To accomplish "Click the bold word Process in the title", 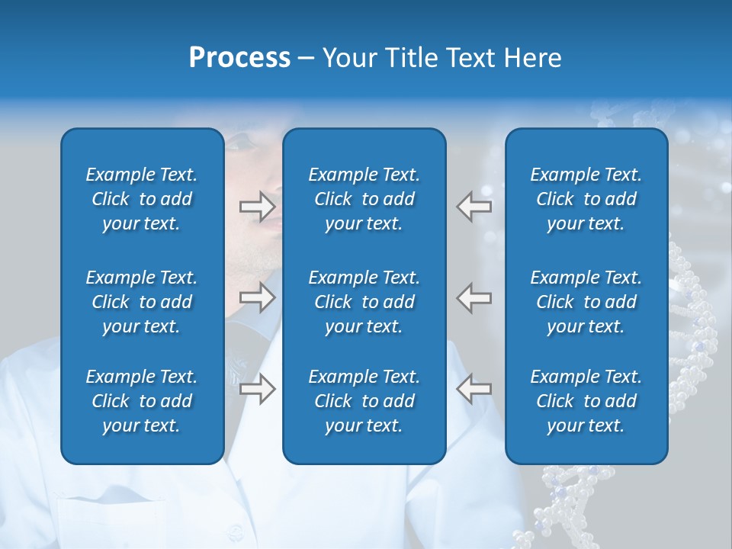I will pyautogui.click(x=239, y=58).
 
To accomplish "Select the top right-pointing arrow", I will pyautogui.click(x=257, y=205).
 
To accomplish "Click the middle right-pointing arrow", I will pyautogui.click(x=257, y=297).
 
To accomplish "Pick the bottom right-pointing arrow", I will pyautogui.click(x=257, y=389).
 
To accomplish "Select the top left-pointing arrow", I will pyautogui.click(x=474, y=205).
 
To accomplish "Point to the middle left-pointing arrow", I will pyautogui.click(x=474, y=297).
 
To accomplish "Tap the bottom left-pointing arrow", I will pyautogui.click(x=474, y=389).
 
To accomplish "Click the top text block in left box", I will pyautogui.click(x=142, y=199).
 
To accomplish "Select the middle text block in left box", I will pyautogui.click(x=142, y=302).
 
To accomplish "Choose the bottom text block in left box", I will pyautogui.click(x=142, y=401).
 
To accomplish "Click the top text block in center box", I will pyautogui.click(x=364, y=199).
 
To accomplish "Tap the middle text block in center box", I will pyautogui.click(x=364, y=302).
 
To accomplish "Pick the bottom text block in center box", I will pyautogui.click(x=364, y=401).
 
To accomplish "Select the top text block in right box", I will pyautogui.click(x=586, y=199).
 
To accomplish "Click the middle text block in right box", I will pyautogui.click(x=586, y=302).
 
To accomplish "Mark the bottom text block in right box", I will pyautogui.click(x=586, y=401).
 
